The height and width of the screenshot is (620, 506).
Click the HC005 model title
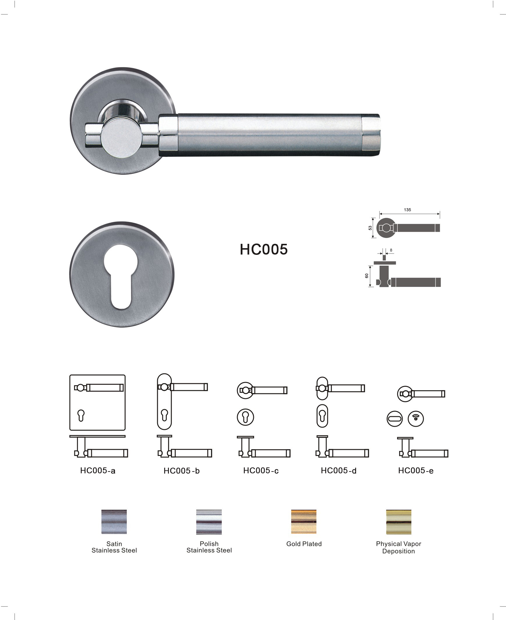(x=264, y=249)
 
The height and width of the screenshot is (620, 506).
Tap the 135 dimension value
(x=407, y=210)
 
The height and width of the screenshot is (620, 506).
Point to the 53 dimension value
(x=370, y=228)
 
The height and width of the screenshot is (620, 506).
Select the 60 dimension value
(x=367, y=276)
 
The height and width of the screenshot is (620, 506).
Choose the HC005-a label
(x=98, y=471)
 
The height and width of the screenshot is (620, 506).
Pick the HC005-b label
(x=181, y=471)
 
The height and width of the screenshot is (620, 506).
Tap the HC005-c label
(x=261, y=471)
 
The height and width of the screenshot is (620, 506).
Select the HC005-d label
(x=338, y=471)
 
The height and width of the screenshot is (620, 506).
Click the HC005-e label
(x=416, y=471)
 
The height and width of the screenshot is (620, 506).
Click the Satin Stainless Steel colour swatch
(x=114, y=522)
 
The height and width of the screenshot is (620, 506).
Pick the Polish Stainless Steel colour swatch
(x=209, y=522)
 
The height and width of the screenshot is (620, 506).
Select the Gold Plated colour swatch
(x=304, y=522)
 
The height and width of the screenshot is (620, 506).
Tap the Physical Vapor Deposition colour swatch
(x=399, y=522)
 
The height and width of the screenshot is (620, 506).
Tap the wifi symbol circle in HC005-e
(x=416, y=419)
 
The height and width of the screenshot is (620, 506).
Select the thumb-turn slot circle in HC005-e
(x=395, y=419)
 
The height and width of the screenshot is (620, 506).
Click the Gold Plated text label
(x=304, y=544)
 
